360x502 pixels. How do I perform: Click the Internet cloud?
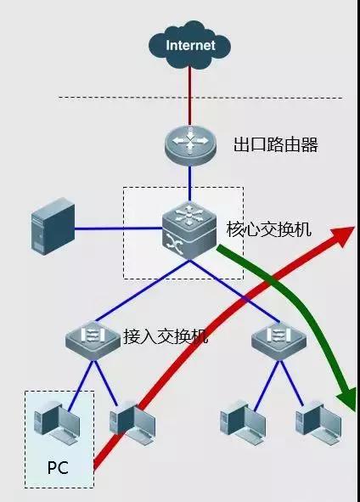click(x=190, y=44)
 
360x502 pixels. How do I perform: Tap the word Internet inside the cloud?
click(x=190, y=45)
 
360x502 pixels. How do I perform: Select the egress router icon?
click(x=190, y=143)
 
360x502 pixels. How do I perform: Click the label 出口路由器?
click(x=276, y=144)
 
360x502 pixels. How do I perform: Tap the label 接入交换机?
click(x=166, y=335)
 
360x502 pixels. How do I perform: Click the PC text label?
click(x=58, y=466)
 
